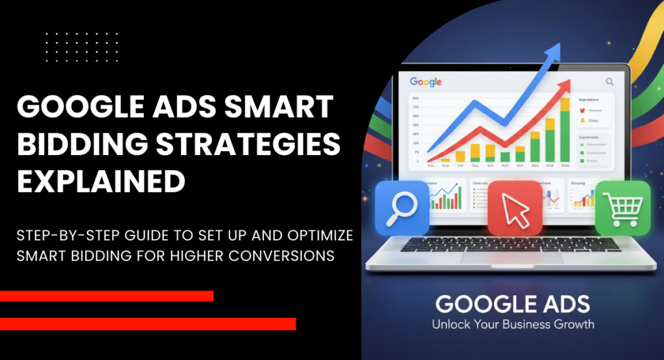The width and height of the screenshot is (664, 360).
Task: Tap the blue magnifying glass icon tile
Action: pyautogui.click(x=401, y=207)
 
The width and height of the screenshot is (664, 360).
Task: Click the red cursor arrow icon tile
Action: pyautogui.click(x=514, y=208)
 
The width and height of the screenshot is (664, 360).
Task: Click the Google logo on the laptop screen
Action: pyautogui.click(x=426, y=82)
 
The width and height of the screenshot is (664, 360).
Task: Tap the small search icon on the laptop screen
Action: pyautogui.click(x=610, y=82)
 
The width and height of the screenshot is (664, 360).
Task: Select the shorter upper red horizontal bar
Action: pyautogui.click(x=106, y=296)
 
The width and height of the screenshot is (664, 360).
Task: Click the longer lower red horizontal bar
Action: pyautogui.click(x=148, y=323)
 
